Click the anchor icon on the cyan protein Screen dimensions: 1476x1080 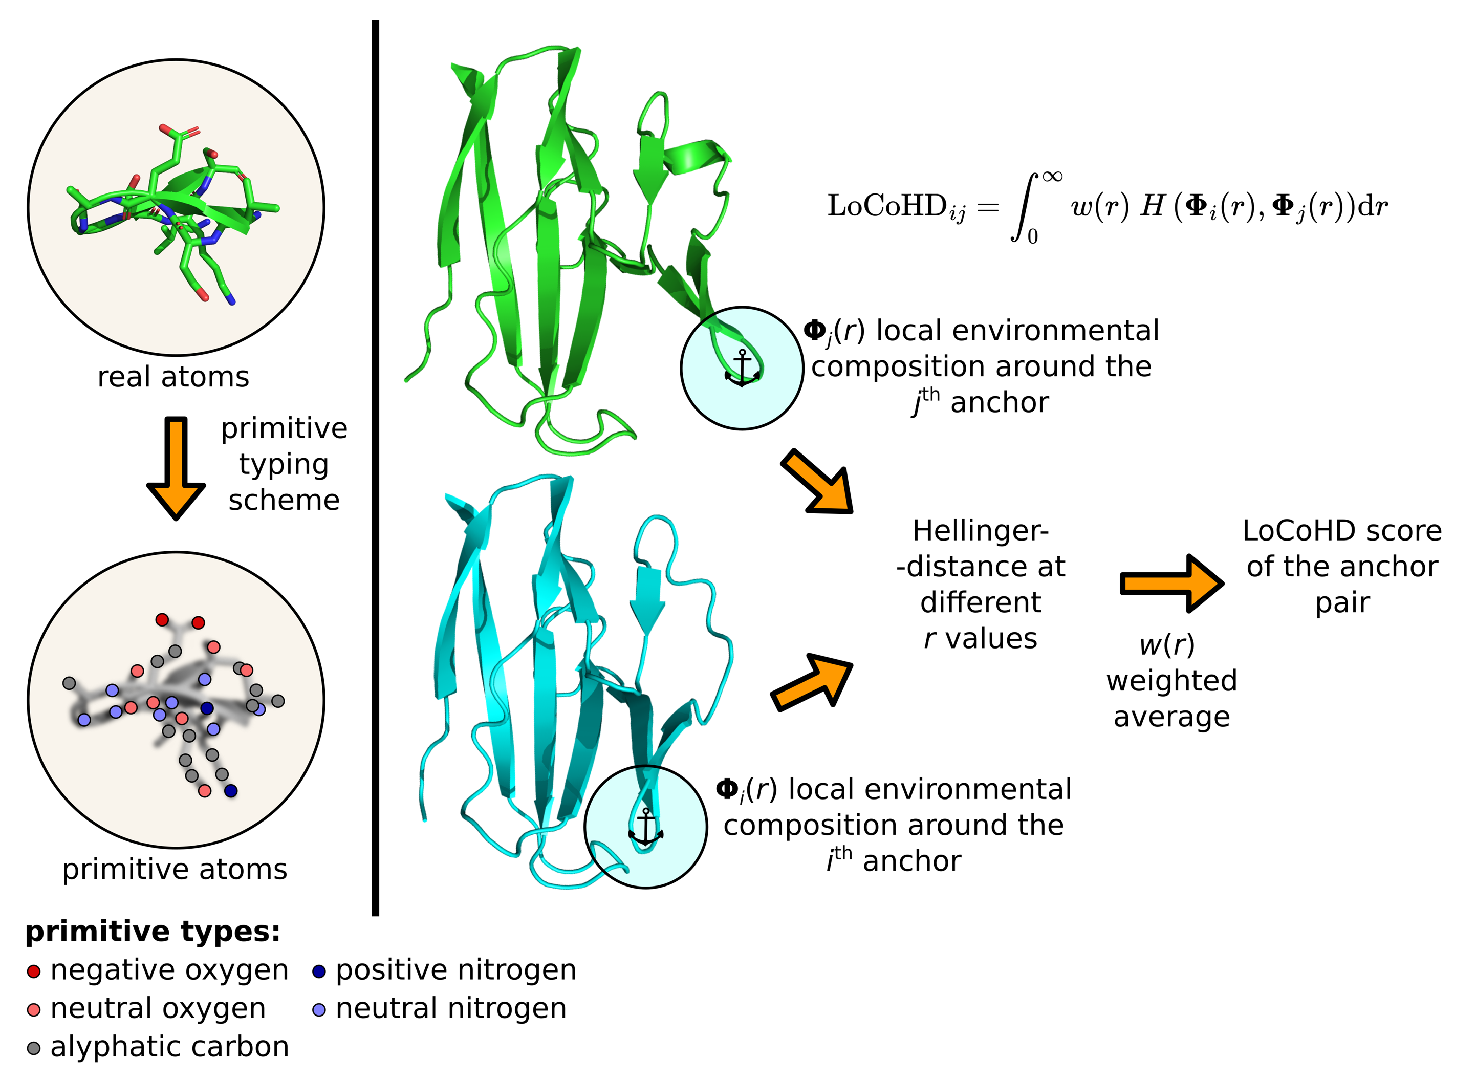click(x=646, y=828)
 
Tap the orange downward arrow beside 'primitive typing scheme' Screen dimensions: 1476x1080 click(x=176, y=468)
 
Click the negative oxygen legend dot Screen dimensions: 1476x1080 click(x=34, y=971)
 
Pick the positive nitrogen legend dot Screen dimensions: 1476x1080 click(x=319, y=971)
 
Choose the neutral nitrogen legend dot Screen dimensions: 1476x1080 click(x=319, y=1010)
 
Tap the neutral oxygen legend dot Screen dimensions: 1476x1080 click(x=34, y=1010)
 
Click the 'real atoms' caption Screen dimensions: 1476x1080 click(x=173, y=377)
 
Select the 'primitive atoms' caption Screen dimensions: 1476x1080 click(x=175, y=870)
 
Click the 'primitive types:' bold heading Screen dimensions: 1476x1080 click(x=153, y=932)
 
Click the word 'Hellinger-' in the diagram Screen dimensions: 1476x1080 click(x=981, y=531)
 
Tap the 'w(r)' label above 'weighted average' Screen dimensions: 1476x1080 click(x=1167, y=646)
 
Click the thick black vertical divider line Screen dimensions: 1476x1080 click(x=375, y=468)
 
